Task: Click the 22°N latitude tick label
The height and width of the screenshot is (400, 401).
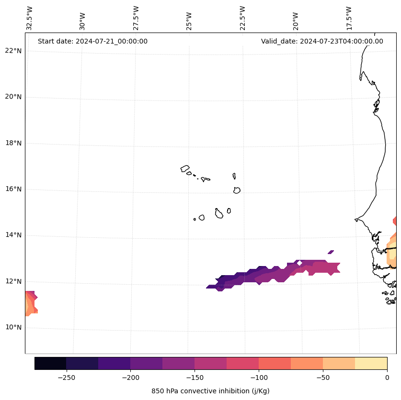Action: click(x=14, y=51)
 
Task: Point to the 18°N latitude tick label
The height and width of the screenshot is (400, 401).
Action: click(x=14, y=143)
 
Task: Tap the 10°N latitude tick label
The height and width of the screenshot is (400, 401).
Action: click(x=14, y=328)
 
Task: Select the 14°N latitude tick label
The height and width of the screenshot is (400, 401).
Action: click(x=14, y=235)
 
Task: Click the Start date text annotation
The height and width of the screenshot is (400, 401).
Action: click(x=92, y=41)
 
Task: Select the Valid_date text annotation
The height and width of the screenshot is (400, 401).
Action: click(x=322, y=41)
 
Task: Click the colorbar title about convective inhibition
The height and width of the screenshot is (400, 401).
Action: click(x=210, y=391)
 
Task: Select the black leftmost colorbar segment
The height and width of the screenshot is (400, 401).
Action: click(x=50, y=363)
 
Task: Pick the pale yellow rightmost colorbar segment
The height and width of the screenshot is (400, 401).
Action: click(x=371, y=363)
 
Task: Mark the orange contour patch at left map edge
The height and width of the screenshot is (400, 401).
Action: click(x=30, y=303)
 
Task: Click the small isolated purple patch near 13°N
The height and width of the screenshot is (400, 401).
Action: click(x=331, y=252)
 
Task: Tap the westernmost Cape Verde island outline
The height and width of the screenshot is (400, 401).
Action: click(x=185, y=168)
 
